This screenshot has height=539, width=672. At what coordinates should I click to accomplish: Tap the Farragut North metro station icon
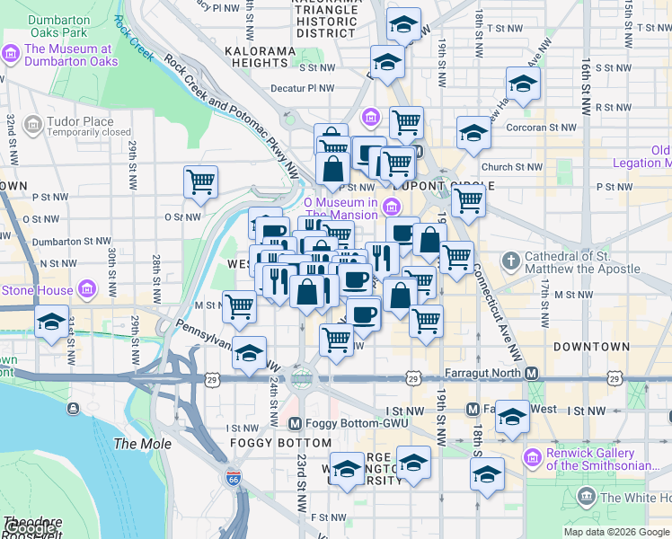tap(532, 373)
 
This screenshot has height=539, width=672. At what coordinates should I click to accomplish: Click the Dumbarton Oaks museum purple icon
tap(12, 55)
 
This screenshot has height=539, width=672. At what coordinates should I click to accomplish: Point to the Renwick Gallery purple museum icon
tap(532, 459)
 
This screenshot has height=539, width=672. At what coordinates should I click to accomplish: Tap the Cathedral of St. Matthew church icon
tap(510, 262)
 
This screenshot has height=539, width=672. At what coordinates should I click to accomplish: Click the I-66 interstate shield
tap(234, 476)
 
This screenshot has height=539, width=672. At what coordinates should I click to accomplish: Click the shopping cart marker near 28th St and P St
tap(200, 181)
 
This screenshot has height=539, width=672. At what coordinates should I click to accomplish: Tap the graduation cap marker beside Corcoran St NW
tap(473, 133)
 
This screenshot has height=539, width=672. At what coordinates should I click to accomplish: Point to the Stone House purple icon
tap(87, 290)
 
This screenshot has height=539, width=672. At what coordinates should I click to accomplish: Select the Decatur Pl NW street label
tap(302, 89)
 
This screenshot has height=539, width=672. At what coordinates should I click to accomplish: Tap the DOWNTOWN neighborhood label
tap(591, 347)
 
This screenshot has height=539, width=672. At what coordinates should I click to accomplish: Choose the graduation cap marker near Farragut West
tap(512, 416)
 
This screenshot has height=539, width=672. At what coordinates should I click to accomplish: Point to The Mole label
tap(137, 444)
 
